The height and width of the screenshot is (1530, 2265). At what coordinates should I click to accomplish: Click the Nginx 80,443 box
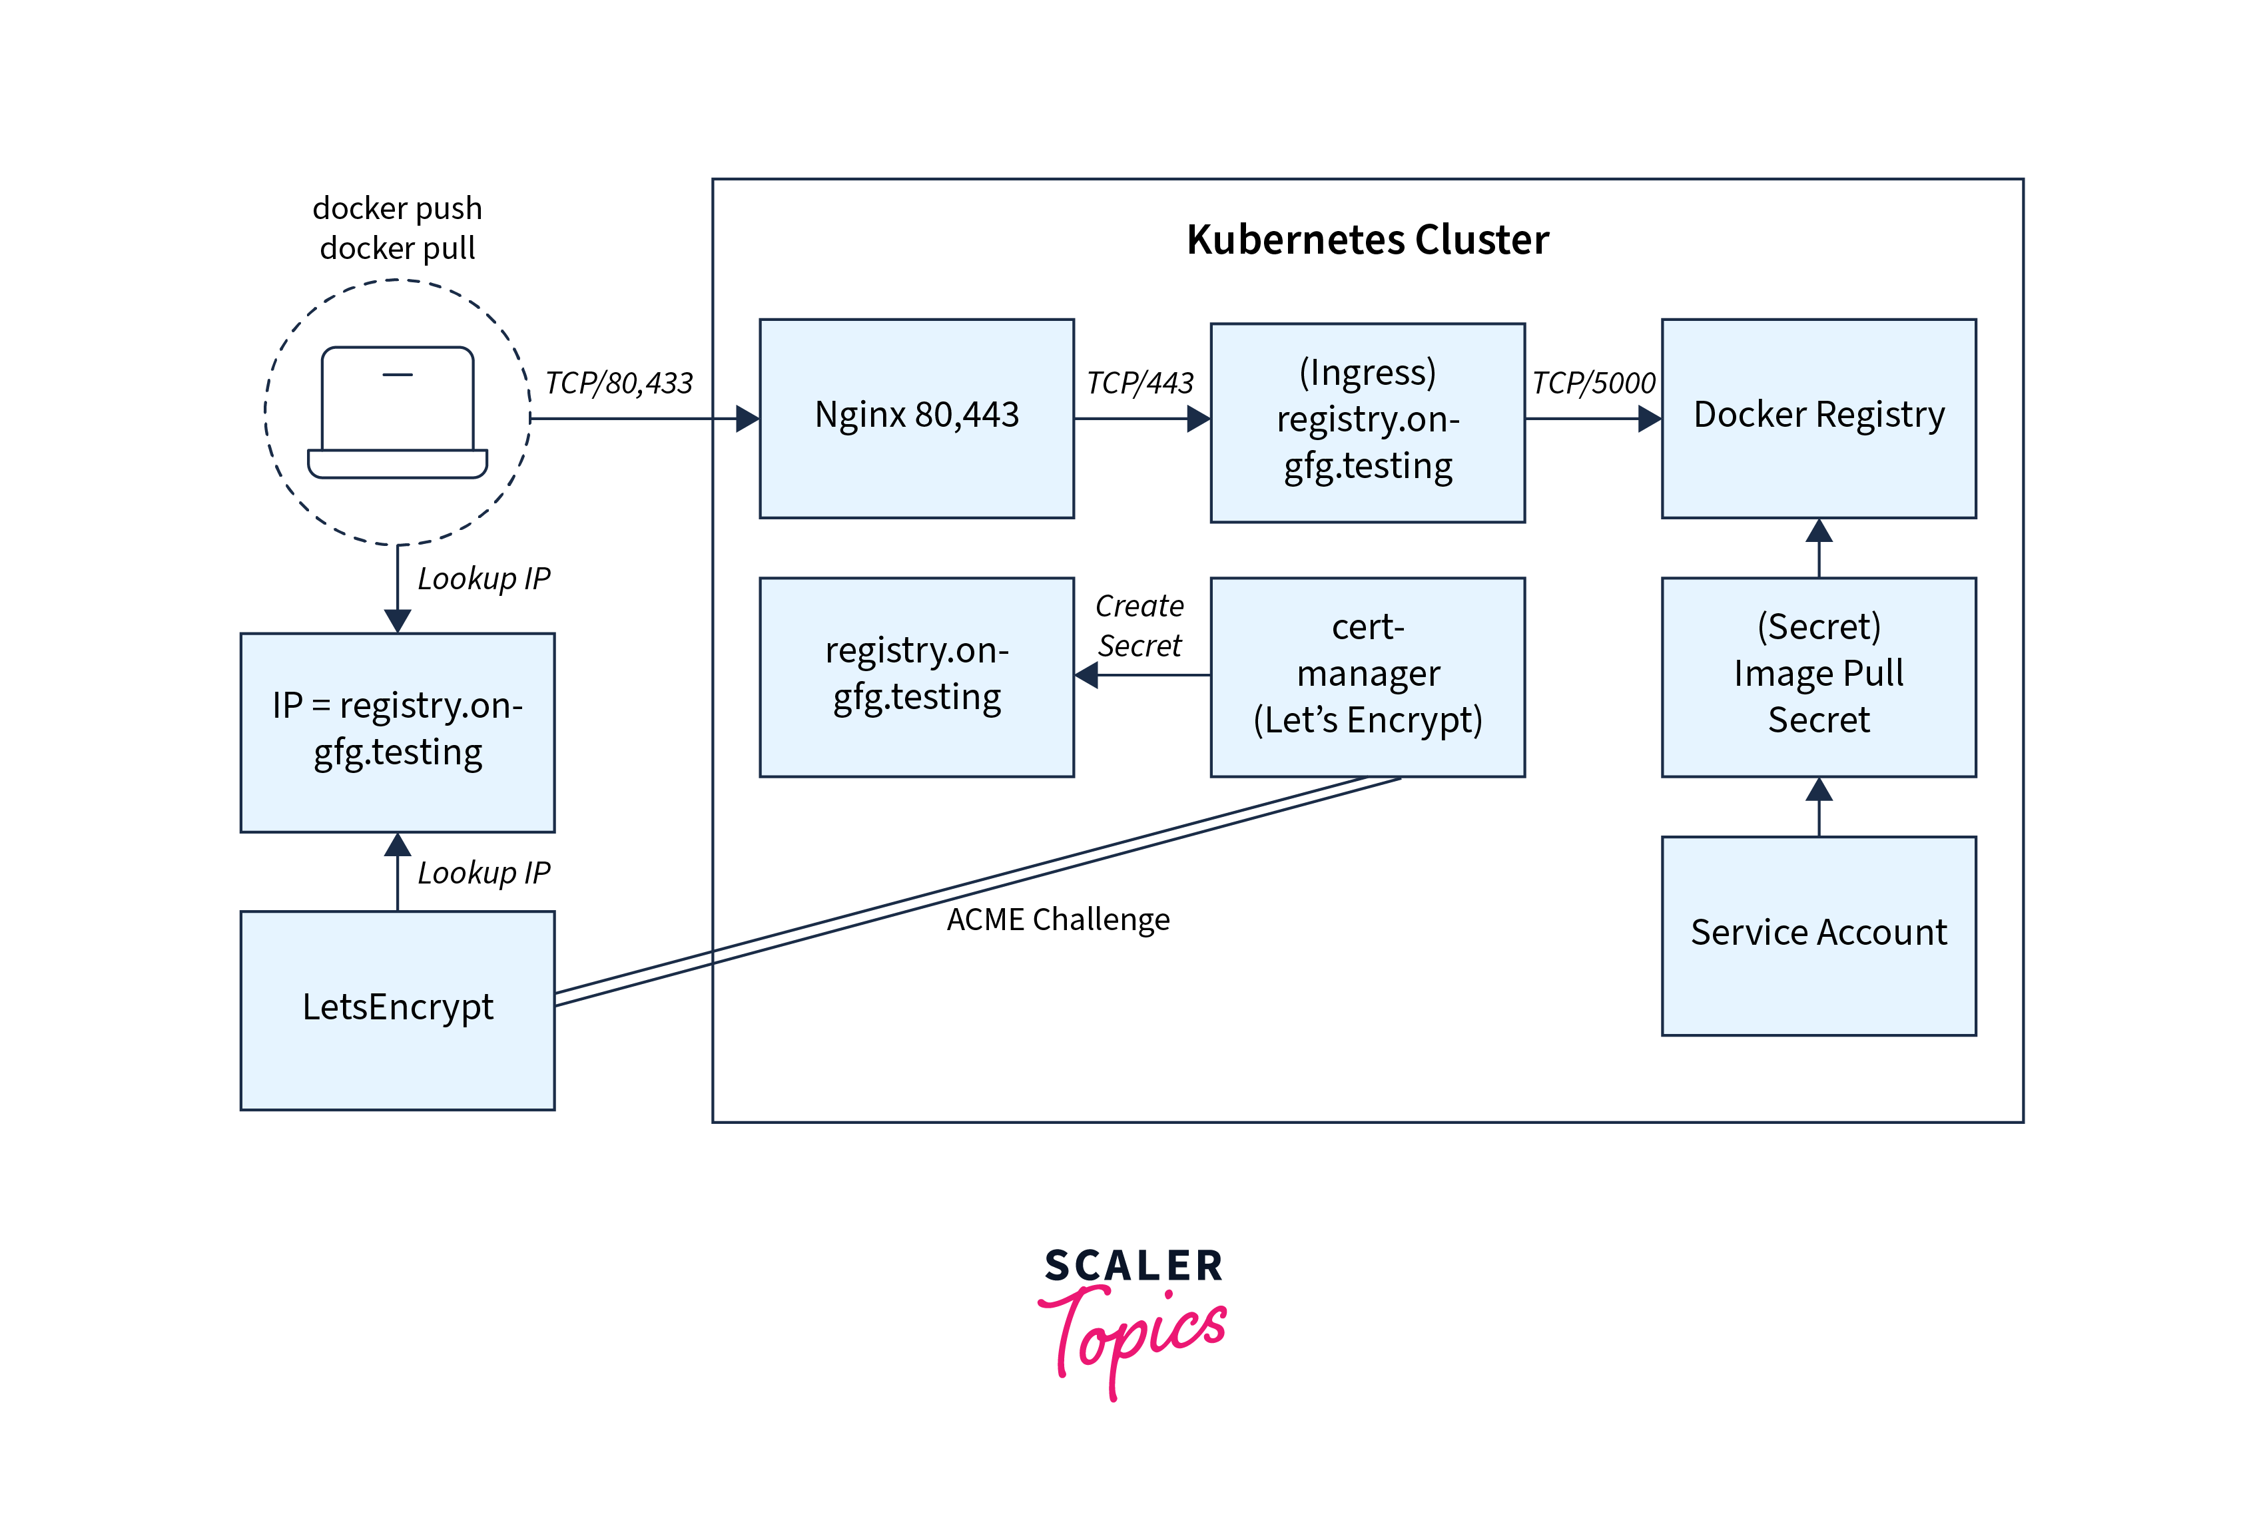pos(916,418)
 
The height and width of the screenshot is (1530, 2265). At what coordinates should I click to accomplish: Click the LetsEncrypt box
pos(398,1009)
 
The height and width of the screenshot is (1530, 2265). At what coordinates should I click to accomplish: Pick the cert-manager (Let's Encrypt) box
pos(1367,676)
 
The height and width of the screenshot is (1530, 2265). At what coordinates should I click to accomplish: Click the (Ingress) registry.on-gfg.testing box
pos(1367,422)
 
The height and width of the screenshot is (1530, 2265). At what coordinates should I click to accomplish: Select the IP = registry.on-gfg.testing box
pos(398,732)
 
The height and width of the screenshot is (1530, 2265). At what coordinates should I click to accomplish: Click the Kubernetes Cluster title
pos(1367,240)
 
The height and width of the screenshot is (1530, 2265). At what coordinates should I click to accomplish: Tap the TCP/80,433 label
pos(619,383)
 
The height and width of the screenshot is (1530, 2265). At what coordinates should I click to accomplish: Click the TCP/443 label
pos(1139,383)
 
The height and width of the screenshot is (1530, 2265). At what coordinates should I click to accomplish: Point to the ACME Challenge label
pos(1058,919)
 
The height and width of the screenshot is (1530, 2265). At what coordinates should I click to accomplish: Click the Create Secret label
pos(1139,626)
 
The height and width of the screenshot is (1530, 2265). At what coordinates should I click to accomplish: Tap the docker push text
pos(398,208)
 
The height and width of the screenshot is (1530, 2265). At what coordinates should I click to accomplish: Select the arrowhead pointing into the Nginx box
pos(747,419)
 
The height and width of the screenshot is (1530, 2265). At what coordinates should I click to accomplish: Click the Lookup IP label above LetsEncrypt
pos(484,872)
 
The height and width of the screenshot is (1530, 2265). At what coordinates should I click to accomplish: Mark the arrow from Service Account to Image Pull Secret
pos(1819,807)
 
